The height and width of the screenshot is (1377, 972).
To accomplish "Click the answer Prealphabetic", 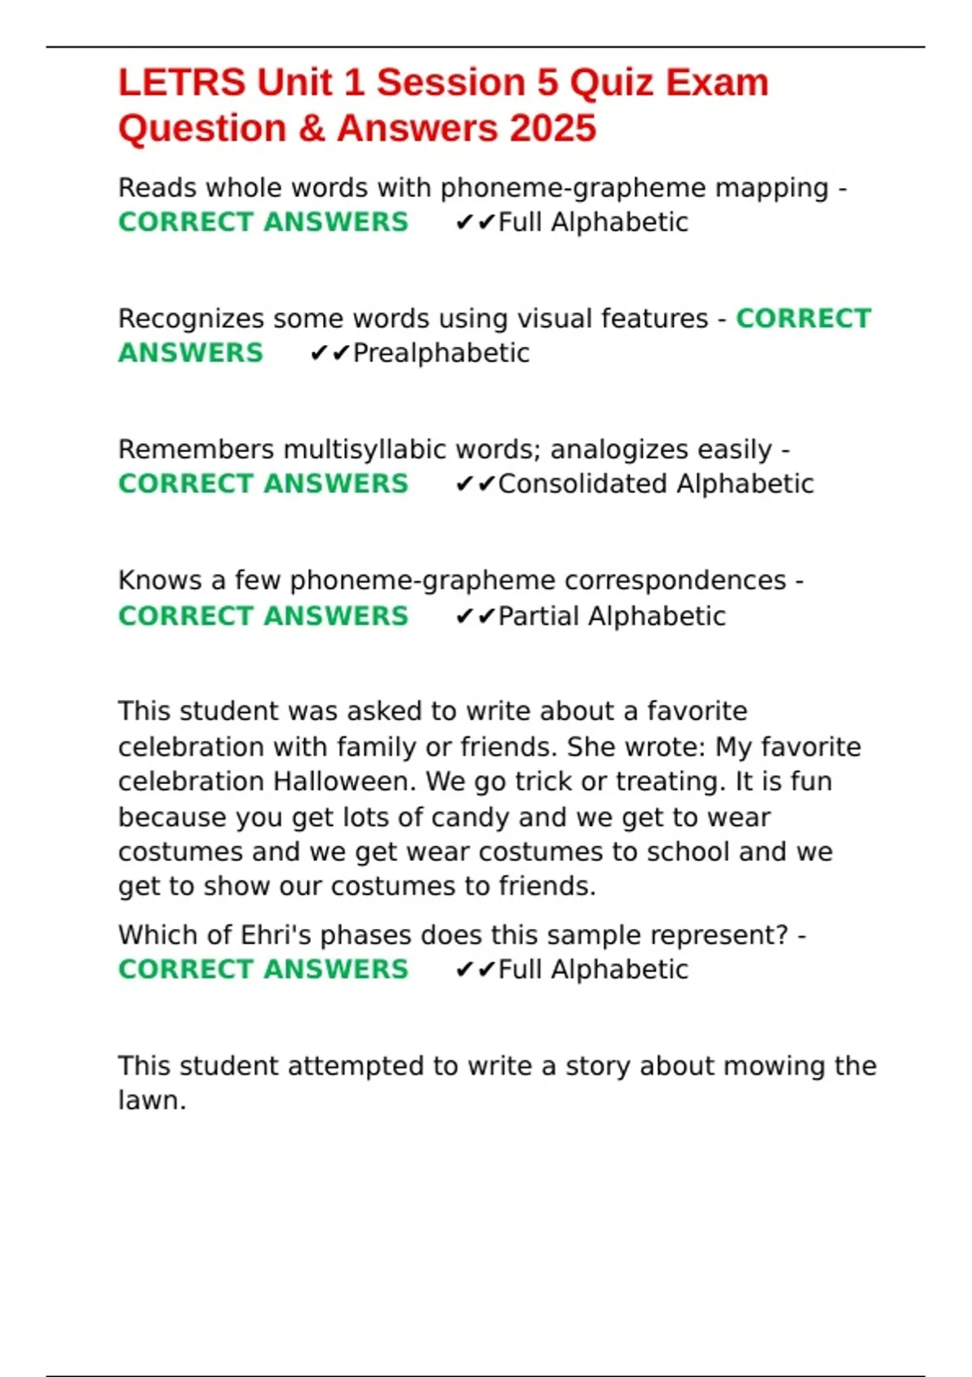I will [441, 353].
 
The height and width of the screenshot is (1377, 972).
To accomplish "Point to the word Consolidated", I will [582, 484].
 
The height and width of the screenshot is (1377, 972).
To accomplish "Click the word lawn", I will [151, 1100].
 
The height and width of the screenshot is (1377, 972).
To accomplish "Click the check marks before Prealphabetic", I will [330, 353].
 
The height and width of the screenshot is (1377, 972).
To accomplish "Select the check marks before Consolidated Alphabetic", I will [475, 484].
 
